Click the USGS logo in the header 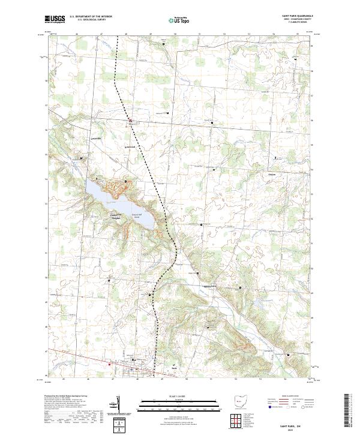pyautogui.click(x=55, y=19)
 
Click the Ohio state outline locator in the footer pyautogui.click(x=240, y=401)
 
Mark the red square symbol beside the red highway pyautogui.click(x=109, y=363)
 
